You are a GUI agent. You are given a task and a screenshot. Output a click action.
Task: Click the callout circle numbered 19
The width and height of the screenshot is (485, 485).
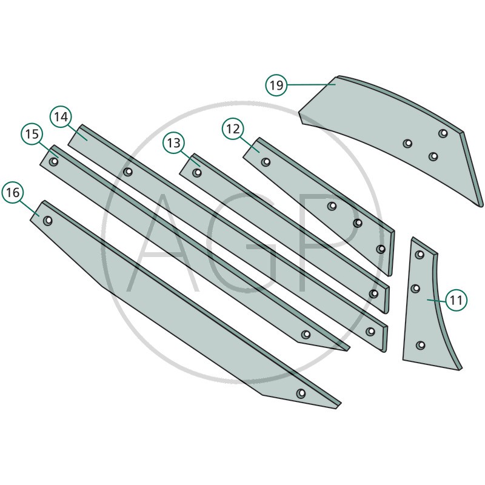point(276,85)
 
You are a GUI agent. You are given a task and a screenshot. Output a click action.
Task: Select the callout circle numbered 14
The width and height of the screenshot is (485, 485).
point(61,117)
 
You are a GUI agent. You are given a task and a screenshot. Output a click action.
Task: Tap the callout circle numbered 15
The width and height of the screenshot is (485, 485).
point(32,134)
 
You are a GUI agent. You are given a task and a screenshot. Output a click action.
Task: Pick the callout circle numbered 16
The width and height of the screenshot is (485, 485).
point(13,192)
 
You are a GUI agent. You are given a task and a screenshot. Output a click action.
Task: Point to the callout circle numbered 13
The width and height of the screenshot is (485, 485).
point(174,143)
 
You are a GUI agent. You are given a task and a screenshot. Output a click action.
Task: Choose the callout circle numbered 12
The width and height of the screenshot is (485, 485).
point(233,129)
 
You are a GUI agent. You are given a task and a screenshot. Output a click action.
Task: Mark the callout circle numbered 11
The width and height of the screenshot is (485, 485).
point(457,300)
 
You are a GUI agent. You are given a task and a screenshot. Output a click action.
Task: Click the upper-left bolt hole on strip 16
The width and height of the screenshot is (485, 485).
point(48,221)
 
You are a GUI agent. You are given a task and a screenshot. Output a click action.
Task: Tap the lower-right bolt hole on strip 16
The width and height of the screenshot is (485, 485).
point(301,393)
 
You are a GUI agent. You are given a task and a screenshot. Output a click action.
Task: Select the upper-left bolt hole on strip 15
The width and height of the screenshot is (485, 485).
point(54,161)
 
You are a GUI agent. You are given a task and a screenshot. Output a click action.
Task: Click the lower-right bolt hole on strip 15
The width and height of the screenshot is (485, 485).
point(306,335)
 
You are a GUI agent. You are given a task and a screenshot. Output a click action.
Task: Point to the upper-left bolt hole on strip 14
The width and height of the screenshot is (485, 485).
point(128,172)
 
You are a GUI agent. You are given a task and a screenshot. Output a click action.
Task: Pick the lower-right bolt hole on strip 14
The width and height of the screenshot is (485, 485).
point(370,332)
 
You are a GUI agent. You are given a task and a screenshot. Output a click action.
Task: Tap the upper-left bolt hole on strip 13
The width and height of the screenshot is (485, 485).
point(197,172)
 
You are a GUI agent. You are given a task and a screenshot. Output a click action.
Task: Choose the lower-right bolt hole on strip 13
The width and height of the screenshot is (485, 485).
point(373,293)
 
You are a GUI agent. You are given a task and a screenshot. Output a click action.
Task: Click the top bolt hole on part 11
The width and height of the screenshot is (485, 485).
point(420,255)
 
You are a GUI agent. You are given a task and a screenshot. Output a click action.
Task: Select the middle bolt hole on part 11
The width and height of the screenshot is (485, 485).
point(415,289)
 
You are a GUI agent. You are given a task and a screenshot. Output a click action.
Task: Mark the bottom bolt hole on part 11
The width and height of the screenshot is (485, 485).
point(420,345)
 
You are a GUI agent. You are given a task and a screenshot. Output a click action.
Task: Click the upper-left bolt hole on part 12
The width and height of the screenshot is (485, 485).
point(266,162)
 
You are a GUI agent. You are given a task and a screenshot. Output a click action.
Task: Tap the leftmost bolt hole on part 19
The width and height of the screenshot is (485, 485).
point(407,143)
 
